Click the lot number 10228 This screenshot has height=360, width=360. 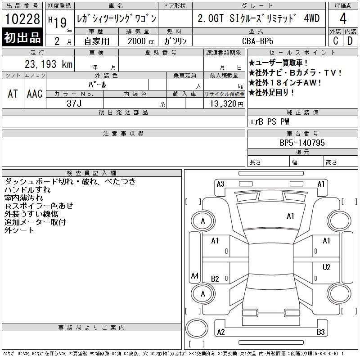coord(22,19)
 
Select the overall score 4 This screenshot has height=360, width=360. coord(343,18)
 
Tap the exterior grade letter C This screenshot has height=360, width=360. coord(335,41)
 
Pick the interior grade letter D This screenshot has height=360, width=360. coord(350,41)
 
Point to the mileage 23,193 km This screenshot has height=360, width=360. coord(49,64)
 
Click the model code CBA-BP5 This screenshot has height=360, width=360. coord(257,41)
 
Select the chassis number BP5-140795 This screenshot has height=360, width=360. coord(302,143)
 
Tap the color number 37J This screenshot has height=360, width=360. coord(74,103)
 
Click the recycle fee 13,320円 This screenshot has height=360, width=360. coord(227,104)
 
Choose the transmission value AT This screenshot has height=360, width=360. coord(13,94)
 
